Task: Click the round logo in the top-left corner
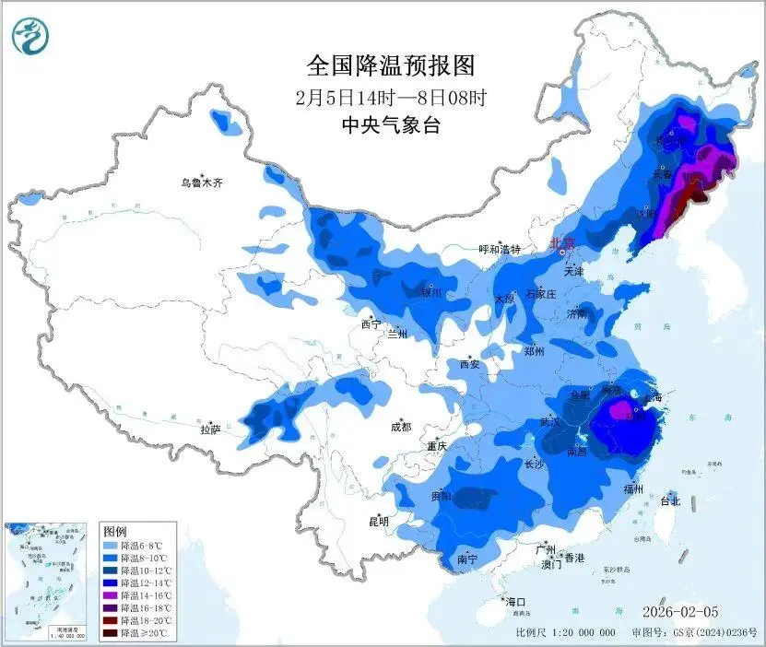(x=30, y=38)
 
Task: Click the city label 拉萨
(x=210, y=429)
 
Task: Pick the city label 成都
(x=400, y=427)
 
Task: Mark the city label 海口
(x=515, y=601)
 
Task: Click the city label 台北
(x=669, y=501)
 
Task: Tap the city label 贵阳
(x=440, y=496)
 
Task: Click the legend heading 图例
(x=115, y=532)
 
